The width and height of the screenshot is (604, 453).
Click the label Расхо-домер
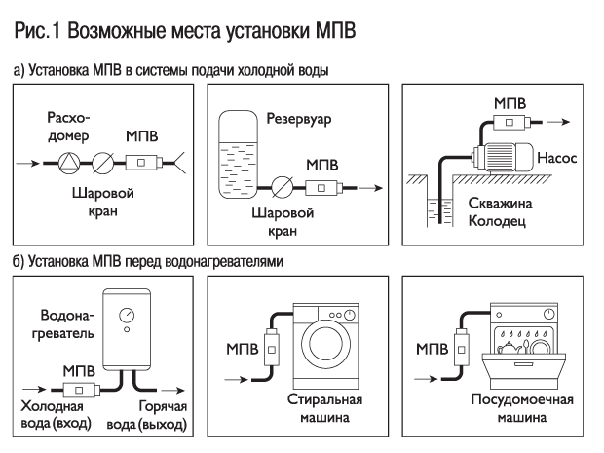[x=68, y=127]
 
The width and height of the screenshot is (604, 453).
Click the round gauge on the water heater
[x=127, y=316]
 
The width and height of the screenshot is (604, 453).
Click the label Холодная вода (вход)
[x=55, y=416]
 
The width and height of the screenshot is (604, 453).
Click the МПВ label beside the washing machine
[x=243, y=348]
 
